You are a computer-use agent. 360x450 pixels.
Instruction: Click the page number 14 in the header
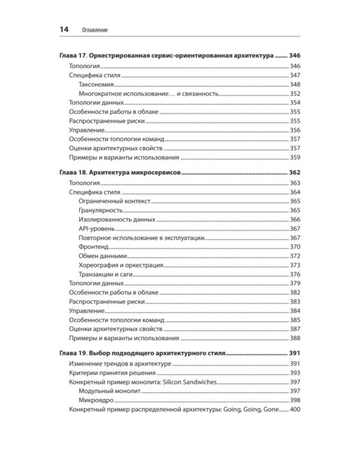[x=64, y=29]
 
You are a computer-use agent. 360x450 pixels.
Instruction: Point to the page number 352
[x=295, y=94]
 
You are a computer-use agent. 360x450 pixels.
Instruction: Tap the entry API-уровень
[x=96, y=229]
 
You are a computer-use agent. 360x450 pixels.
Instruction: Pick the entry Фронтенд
[x=93, y=247]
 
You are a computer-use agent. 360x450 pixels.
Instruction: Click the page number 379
[x=295, y=283]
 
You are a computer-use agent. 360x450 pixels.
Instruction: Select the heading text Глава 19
[x=77, y=353]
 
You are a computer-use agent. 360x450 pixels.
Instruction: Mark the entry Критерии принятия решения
[x=112, y=373]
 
